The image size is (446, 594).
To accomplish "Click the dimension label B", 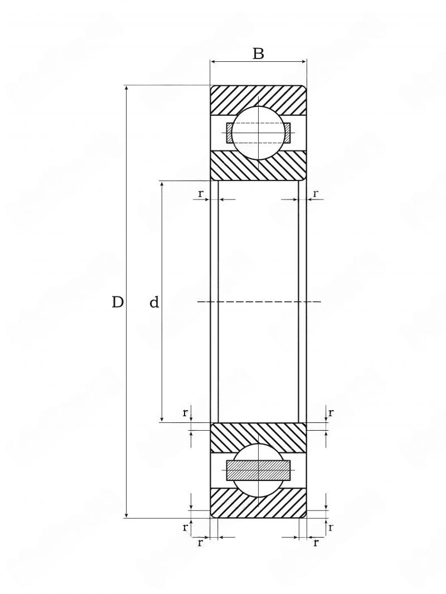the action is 258,54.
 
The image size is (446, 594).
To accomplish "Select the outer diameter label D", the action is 118,303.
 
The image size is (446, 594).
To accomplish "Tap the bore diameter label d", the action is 154,303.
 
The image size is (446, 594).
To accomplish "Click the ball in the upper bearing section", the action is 258,133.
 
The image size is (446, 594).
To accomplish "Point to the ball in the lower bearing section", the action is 258,470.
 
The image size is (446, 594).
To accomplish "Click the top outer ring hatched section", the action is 258,99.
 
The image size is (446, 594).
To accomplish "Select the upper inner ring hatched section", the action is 258,165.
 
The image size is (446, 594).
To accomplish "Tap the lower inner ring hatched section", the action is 258,437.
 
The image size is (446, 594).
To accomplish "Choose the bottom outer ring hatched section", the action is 258,503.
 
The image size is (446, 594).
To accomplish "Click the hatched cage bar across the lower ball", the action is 258,470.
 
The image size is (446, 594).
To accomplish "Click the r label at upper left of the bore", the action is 201,193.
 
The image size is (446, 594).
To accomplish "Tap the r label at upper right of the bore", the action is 316,193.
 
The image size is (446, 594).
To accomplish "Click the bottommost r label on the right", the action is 316,543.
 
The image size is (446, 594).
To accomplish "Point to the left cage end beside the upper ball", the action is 230,133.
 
